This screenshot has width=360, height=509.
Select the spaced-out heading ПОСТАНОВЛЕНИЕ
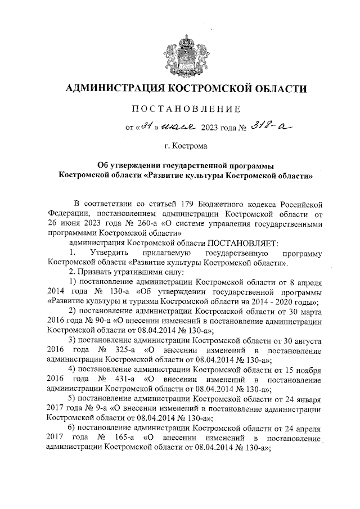tap(186, 109)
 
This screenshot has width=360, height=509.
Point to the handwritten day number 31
tap(147, 127)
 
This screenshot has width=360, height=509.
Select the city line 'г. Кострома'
tap(186, 147)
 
